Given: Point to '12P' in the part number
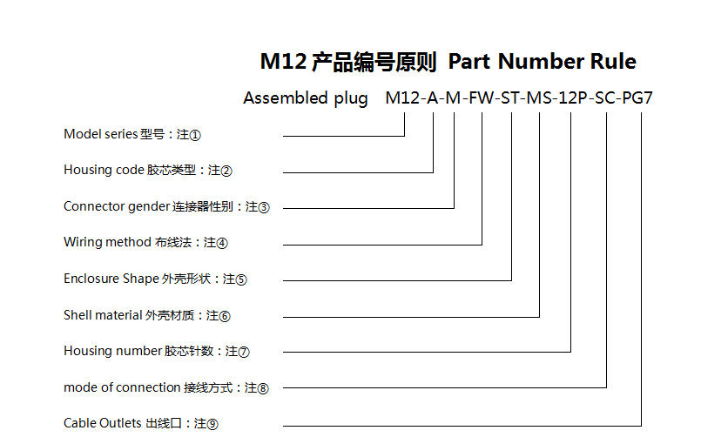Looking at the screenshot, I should tap(571, 98).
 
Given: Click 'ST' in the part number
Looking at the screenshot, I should tap(511, 98).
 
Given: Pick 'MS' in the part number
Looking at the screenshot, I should tap(540, 98).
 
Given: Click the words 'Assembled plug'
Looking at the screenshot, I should tap(305, 98).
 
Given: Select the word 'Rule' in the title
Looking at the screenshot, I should tap(613, 62).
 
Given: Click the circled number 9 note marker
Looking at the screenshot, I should tap(212, 425).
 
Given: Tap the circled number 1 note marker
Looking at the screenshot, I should tap(195, 136).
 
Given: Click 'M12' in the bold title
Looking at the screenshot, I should tap(282, 62).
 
